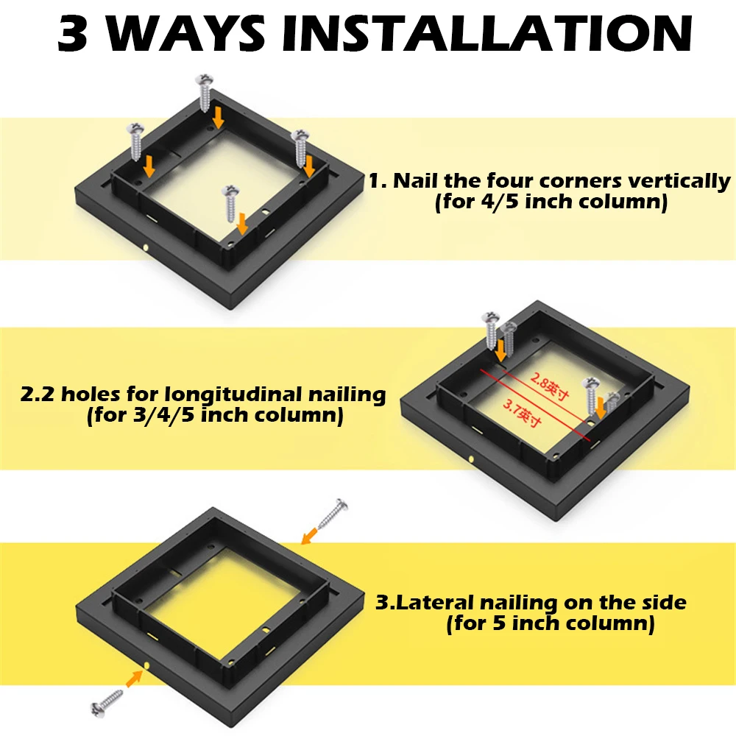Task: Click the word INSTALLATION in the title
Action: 484,34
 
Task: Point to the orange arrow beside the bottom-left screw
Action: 133,677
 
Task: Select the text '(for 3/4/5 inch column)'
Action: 214,416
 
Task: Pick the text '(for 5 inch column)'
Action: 551,625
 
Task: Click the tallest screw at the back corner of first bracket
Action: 205,93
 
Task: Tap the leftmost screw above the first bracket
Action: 137,141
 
